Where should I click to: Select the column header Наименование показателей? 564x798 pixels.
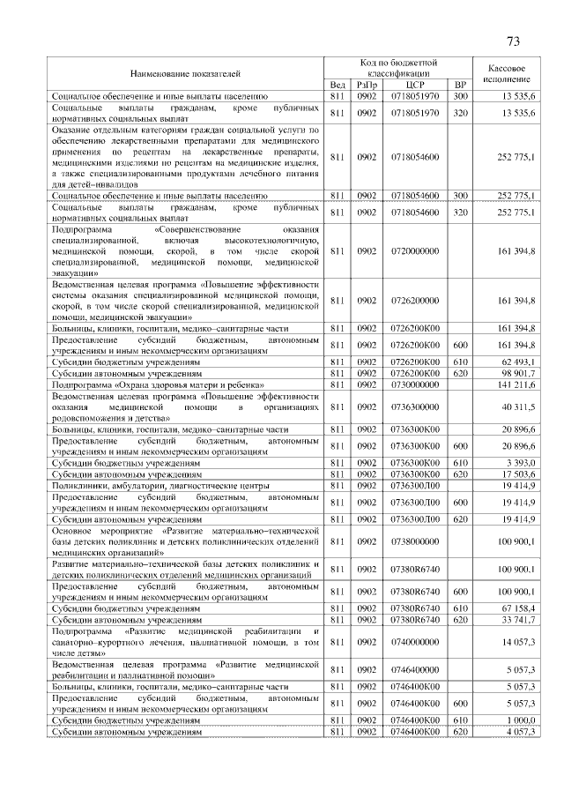pyautogui.click(x=186, y=74)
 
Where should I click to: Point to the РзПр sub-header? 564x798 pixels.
pyautogui.click(x=367, y=85)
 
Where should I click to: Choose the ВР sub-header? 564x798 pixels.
pyautogui.click(x=459, y=85)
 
